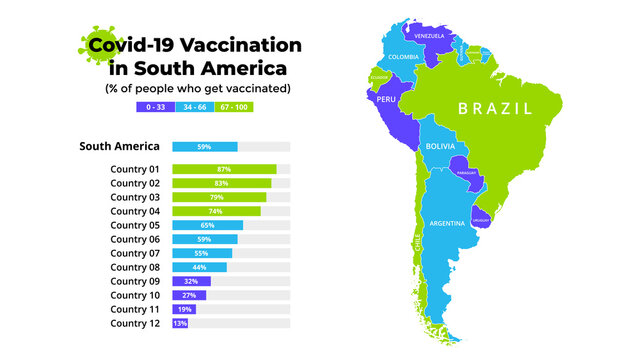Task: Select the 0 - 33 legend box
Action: tap(153, 106)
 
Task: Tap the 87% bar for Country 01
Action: tap(224, 169)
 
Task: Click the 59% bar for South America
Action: tap(204, 147)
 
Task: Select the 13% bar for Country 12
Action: tap(180, 323)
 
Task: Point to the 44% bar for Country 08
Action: tap(199, 267)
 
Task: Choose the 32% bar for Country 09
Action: tap(191, 281)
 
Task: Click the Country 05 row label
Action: tap(135, 225)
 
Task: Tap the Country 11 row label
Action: tap(135, 309)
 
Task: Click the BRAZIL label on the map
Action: tap(495, 108)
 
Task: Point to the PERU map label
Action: tap(387, 100)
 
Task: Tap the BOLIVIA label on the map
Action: tap(440, 146)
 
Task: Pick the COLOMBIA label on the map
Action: tap(403, 57)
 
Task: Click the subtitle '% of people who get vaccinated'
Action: tap(198, 88)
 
